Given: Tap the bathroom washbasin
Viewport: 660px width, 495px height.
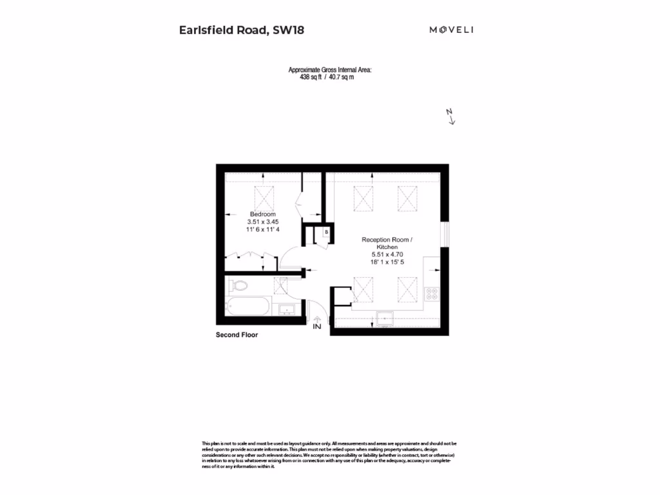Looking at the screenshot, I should (x=286, y=310).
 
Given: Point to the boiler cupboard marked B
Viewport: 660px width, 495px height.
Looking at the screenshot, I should (x=327, y=231).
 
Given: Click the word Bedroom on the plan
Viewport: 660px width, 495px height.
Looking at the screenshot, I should (x=263, y=214).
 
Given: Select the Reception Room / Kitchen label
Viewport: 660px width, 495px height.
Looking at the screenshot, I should (x=387, y=243).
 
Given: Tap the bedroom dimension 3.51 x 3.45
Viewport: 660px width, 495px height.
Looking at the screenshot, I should (x=263, y=222).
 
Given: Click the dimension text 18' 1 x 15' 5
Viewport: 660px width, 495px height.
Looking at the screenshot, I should (x=387, y=262).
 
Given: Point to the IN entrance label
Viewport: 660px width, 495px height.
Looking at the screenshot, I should (x=316, y=327).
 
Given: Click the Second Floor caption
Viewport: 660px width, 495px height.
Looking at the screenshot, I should (x=237, y=335).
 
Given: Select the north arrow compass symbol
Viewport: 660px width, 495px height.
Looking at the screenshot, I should (x=451, y=116).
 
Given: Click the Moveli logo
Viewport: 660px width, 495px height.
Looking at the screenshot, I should (x=451, y=30).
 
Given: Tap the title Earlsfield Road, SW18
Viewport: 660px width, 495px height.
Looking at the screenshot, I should (x=233, y=30).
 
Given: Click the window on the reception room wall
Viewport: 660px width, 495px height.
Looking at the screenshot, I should (x=444, y=234).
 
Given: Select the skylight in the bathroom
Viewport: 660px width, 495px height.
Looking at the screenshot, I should (x=281, y=286).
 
